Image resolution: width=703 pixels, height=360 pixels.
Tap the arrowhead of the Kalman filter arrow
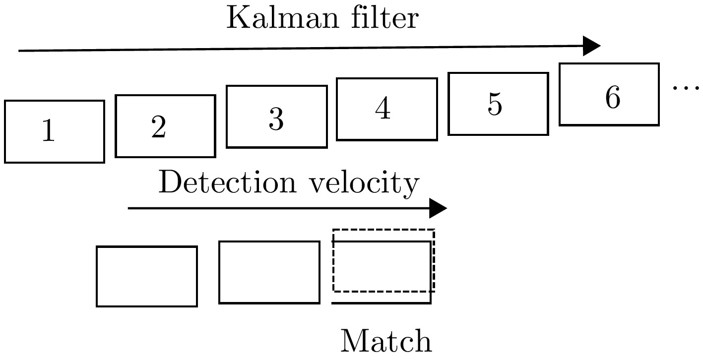pos(592,46)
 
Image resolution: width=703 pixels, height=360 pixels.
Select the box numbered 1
pos(55,131)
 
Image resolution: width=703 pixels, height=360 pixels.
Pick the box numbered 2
pos(165,126)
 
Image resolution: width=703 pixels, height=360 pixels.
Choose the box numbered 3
pos(276,117)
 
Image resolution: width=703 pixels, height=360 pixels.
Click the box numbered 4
pos(386,109)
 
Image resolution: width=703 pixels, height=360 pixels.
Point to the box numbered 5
pos(498,104)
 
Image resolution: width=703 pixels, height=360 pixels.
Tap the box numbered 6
pos(609,94)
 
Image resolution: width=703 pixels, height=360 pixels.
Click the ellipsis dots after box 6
pos(687,88)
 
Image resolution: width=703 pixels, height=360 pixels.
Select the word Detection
pos(226,183)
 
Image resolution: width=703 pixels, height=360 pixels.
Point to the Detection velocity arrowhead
pos(438,208)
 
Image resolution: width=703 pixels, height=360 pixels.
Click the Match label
pos(386,341)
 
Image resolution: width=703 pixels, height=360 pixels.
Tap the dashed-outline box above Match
pos(383,261)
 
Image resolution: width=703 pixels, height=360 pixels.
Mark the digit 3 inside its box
pos(276,119)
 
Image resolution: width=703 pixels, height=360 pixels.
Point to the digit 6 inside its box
pos(613,97)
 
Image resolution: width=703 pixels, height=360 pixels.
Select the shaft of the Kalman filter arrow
pos(298,49)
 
